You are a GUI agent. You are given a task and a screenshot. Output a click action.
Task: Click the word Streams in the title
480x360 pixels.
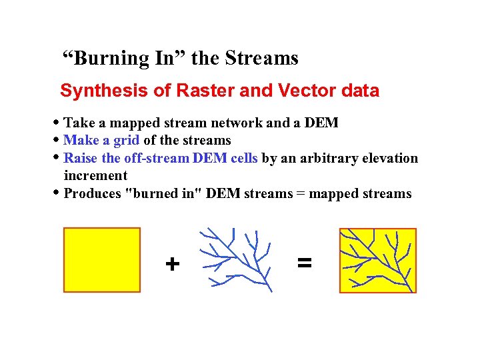click(261, 59)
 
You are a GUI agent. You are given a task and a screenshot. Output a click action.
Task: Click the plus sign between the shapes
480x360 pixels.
click(173, 265)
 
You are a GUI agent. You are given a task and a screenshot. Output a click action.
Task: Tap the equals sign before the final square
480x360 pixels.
click(304, 263)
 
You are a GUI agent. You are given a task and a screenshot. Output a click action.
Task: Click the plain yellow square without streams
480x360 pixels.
click(102, 260)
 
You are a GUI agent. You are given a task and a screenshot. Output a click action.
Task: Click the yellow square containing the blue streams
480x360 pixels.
click(378, 260)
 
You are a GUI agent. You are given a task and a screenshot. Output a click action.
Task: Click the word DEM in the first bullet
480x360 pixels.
click(323, 123)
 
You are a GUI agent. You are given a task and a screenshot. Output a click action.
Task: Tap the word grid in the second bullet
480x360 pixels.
click(126, 140)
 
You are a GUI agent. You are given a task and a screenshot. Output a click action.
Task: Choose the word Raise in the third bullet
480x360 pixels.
click(81, 158)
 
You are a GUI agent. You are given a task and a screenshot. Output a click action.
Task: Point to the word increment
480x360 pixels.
click(95, 175)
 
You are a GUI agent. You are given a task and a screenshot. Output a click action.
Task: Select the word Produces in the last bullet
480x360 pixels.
click(93, 193)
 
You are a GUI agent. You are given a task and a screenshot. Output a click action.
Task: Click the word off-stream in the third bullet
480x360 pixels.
click(157, 158)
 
